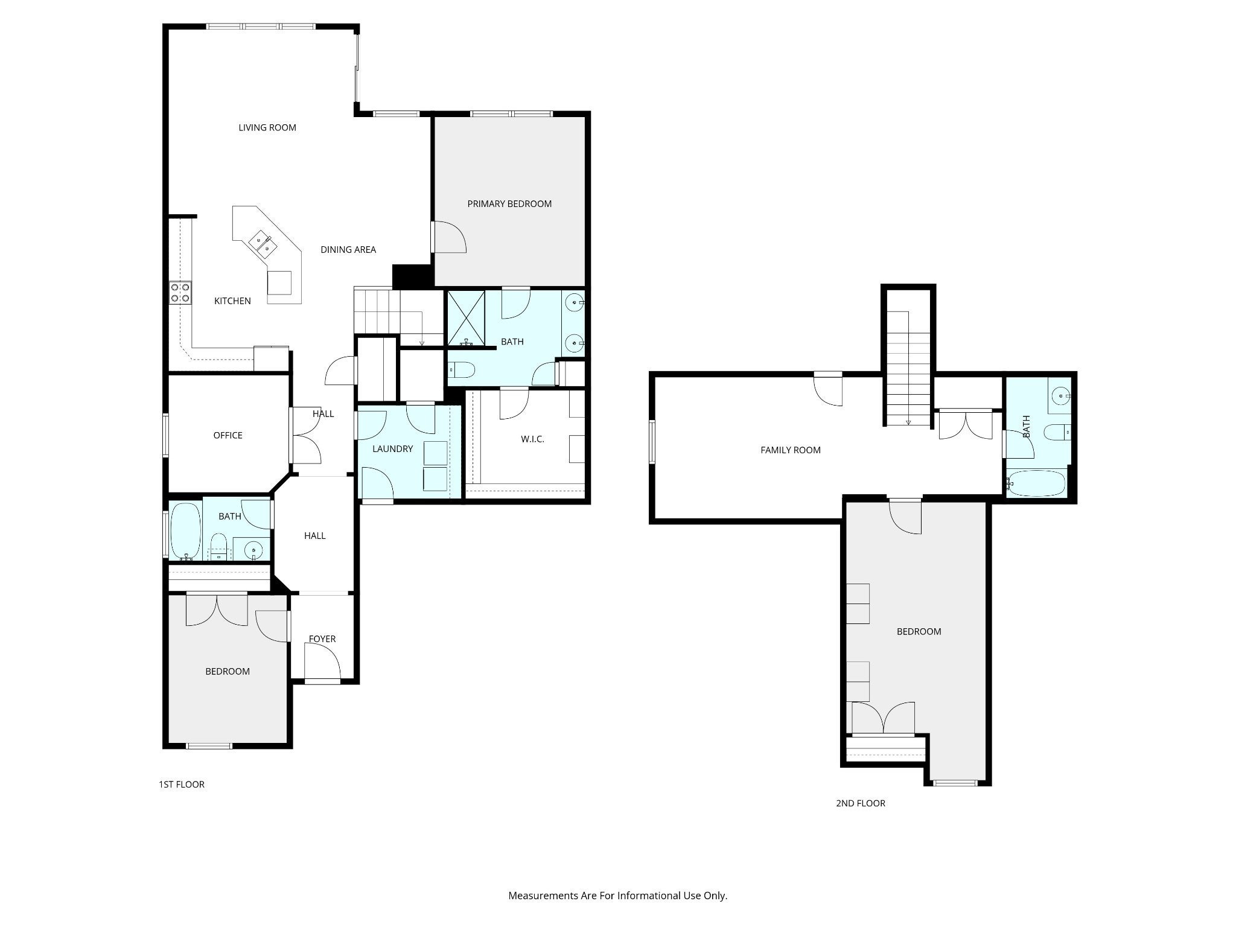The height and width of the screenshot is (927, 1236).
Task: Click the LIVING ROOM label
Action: (x=267, y=127)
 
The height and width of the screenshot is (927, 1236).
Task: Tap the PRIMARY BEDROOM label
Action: (x=509, y=204)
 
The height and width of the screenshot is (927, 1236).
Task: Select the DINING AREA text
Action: (x=348, y=249)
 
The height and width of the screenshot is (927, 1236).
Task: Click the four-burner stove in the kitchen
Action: (x=180, y=293)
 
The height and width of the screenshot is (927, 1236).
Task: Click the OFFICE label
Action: (x=228, y=435)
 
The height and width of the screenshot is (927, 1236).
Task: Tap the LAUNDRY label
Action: (x=393, y=449)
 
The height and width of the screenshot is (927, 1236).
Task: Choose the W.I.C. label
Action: (x=532, y=439)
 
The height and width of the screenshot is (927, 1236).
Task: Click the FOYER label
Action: (x=322, y=639)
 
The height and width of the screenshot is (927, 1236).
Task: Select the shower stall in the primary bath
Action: (x=466, y=319)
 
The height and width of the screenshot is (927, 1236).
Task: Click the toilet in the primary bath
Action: (x=462, y=369)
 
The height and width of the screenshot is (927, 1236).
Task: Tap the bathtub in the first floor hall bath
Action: (x=186, y=531)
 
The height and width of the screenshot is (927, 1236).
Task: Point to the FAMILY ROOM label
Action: (x=791, y=450)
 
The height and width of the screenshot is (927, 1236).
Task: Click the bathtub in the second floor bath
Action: (x=1036, y=483)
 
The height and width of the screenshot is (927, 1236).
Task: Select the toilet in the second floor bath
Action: (x=1058, y=433)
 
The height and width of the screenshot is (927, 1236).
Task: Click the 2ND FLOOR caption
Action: (x=861, y=803)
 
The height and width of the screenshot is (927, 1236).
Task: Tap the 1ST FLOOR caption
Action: (x=182, y=785)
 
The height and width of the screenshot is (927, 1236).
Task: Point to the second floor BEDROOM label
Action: (x=919, y=631)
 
